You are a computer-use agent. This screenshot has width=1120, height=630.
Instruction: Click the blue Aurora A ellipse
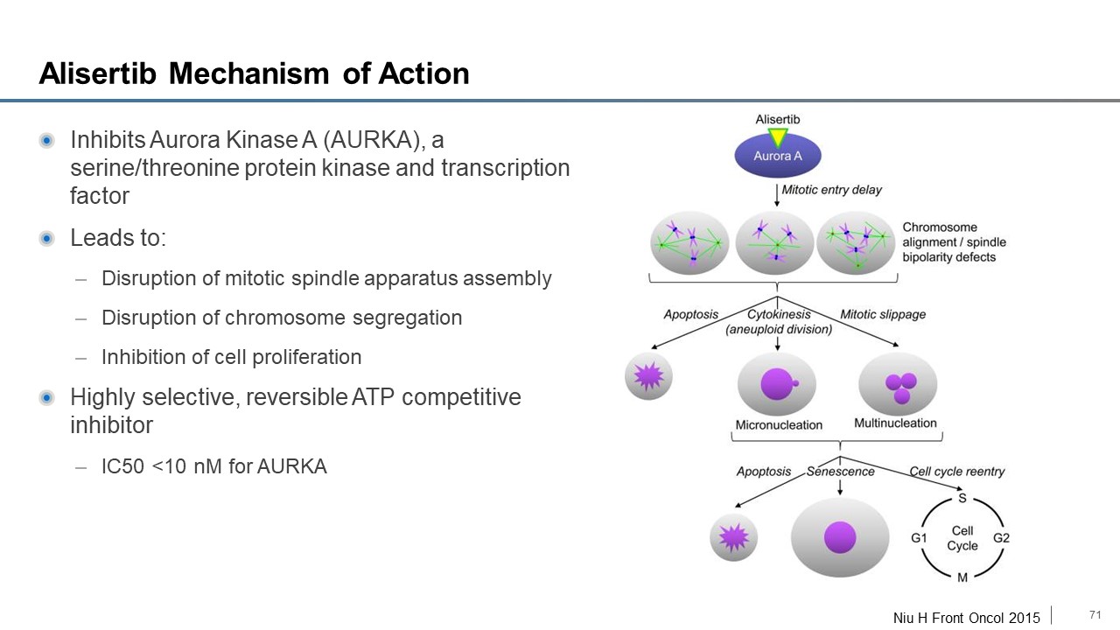[777, 156]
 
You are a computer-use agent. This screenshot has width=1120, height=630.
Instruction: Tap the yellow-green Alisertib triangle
[777, 137]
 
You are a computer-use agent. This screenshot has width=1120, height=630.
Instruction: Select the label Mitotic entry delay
[831, 190]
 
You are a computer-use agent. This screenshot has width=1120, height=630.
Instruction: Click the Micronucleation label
[778, 425]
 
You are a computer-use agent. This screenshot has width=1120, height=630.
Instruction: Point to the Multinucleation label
[895, 423]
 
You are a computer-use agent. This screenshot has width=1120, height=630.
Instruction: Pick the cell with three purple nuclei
[898, 385]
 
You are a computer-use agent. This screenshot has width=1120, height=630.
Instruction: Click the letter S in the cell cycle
[962, 498]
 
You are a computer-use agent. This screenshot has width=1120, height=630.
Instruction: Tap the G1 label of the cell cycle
[919, 538]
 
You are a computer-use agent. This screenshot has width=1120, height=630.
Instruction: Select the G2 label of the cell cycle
[1002, 538]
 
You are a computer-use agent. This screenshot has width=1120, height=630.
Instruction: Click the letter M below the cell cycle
[962, 577]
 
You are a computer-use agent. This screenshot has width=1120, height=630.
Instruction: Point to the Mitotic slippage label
[883, 315]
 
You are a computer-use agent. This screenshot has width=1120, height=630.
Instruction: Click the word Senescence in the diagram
[840, 472]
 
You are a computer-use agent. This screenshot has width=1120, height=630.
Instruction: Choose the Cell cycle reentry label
[956, 472]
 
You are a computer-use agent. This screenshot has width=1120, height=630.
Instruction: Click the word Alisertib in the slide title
[98, 73]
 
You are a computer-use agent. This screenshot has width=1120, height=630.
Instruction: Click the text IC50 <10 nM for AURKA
[213, 466]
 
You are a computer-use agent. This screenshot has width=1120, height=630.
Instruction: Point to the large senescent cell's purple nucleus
[840, 537]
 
